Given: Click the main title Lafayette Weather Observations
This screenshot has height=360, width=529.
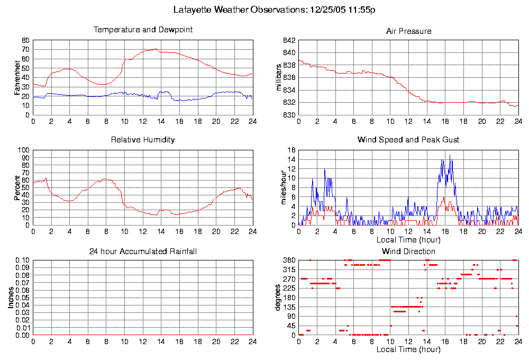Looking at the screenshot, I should pos(275,10).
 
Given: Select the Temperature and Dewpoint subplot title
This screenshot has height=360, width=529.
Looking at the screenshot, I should pos(143,30).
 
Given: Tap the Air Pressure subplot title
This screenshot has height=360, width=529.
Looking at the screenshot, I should pos(408,31).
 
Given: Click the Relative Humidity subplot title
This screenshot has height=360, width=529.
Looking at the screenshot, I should pos(143,140).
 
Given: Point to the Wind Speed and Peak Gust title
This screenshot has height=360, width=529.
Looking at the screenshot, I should pos(408,140).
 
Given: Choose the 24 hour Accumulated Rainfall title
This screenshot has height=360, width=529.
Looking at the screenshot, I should pos(143,251).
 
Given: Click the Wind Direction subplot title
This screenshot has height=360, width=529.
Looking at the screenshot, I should pos(408,251).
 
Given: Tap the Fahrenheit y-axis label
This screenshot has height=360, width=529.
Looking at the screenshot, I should pos(17,77).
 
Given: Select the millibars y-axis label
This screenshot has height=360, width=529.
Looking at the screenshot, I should pos(281,77).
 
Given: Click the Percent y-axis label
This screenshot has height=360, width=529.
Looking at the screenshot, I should pos(17,187).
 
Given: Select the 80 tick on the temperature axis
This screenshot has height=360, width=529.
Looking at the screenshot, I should pos(25,40).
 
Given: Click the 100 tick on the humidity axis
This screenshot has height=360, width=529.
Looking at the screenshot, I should pos(24,150).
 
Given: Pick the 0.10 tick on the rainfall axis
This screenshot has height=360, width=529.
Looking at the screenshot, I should pos(22,260).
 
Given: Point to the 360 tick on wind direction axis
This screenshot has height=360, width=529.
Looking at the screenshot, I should pos(288,260).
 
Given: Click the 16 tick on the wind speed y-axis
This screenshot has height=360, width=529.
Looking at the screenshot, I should pos(291,150).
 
